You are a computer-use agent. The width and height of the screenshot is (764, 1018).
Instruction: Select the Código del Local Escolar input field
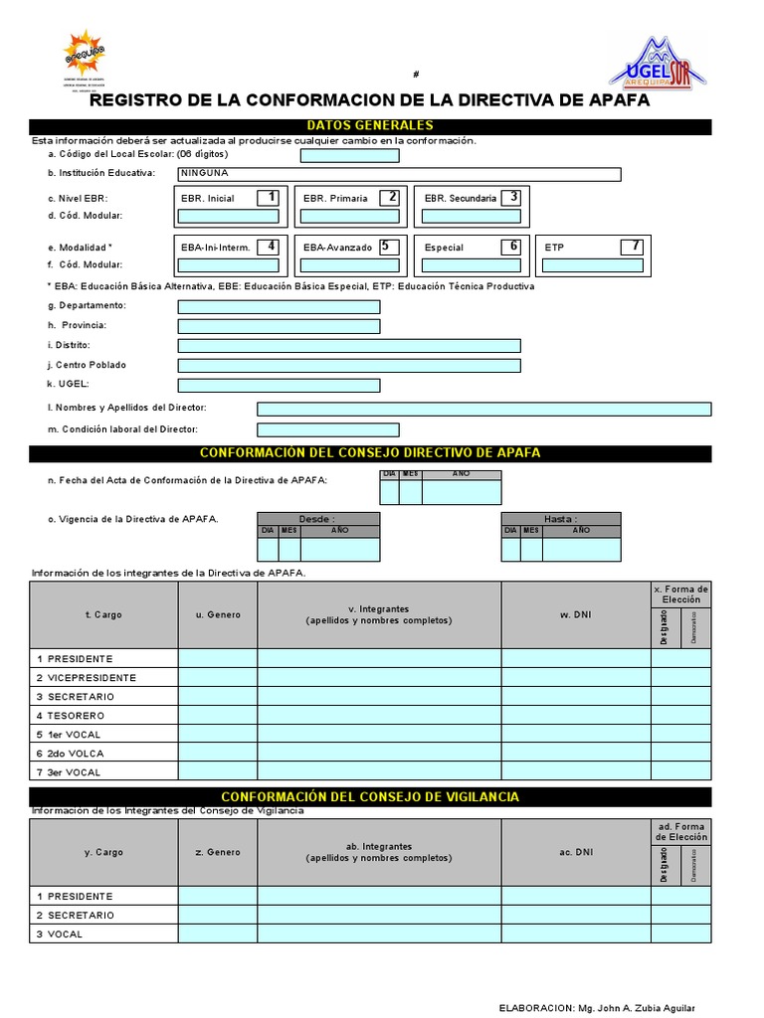point(349,155)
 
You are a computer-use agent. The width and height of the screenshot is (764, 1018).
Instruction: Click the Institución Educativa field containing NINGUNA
point(399,174)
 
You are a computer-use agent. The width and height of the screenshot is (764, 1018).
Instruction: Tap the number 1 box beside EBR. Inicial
point(268,197)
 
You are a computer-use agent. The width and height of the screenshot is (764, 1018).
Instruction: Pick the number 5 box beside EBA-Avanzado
point(389,246)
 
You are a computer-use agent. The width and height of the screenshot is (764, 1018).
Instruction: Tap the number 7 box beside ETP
point(632,246)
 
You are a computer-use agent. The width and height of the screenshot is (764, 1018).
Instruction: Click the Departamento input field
point(279,306)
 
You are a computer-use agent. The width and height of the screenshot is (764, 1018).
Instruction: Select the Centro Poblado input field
point(348,365)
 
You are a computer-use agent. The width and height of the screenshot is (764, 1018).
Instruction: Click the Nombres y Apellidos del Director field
point(483,409)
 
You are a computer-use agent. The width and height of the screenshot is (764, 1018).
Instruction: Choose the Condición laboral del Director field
point(327,429)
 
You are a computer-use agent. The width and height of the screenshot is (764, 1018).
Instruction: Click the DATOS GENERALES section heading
point(370,126)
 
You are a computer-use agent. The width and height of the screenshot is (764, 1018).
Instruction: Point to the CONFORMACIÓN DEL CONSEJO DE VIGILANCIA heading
point(370,797)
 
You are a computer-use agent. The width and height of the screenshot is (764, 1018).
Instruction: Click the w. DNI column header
point(575,614)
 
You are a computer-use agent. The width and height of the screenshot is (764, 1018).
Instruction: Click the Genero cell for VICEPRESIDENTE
point(218,678)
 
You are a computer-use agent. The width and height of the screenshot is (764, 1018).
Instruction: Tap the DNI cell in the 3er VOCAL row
point(576,772)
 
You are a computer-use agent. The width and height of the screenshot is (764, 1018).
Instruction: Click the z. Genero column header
point(218,852)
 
